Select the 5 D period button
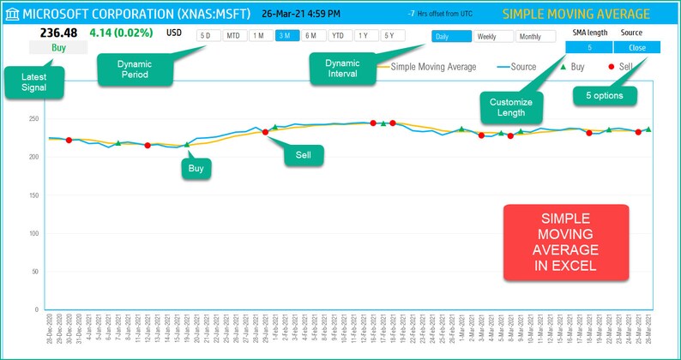[207, 36]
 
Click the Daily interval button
[451, 37]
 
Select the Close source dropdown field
[637, 48]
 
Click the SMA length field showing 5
[589, 48]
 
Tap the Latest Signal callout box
[34, 83]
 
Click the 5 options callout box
[605, 95]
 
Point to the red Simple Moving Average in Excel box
[565, 242]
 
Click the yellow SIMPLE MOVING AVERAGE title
[576, 15]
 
